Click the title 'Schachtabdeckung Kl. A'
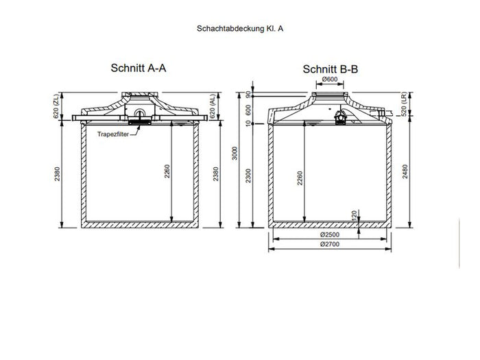tap(239, 31)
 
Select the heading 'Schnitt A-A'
tap(139, 69)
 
